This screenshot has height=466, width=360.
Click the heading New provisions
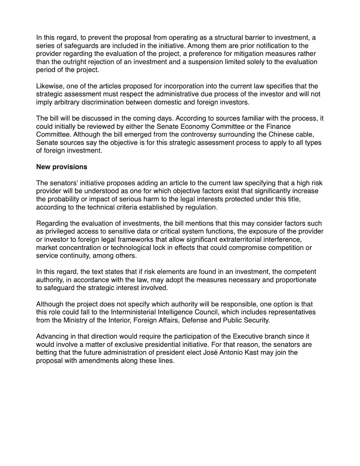62,167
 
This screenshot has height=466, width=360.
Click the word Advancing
54,336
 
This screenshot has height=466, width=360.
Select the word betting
48,353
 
